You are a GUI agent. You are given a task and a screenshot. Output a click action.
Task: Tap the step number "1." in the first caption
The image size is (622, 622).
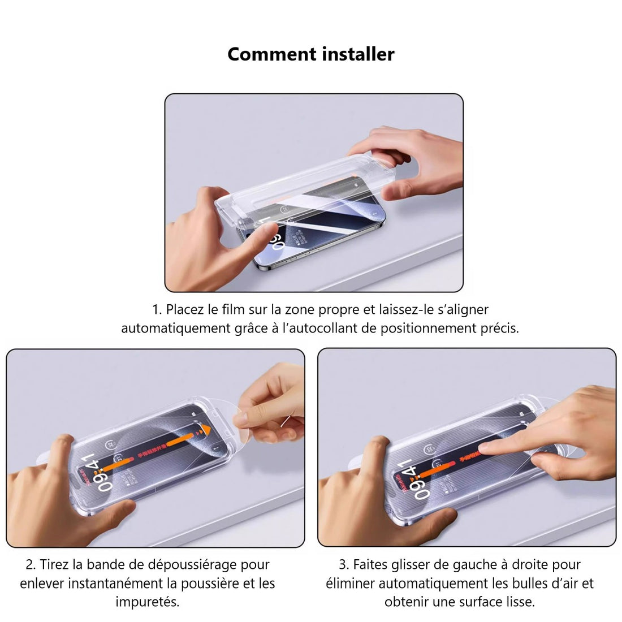[157, 310]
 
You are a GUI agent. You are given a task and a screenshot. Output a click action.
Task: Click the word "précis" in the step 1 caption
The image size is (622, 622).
[499, 329]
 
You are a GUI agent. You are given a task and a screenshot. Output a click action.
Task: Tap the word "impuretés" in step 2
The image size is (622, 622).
[147, 602]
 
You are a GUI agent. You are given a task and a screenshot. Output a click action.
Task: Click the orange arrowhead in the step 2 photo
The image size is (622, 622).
[202, 431]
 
